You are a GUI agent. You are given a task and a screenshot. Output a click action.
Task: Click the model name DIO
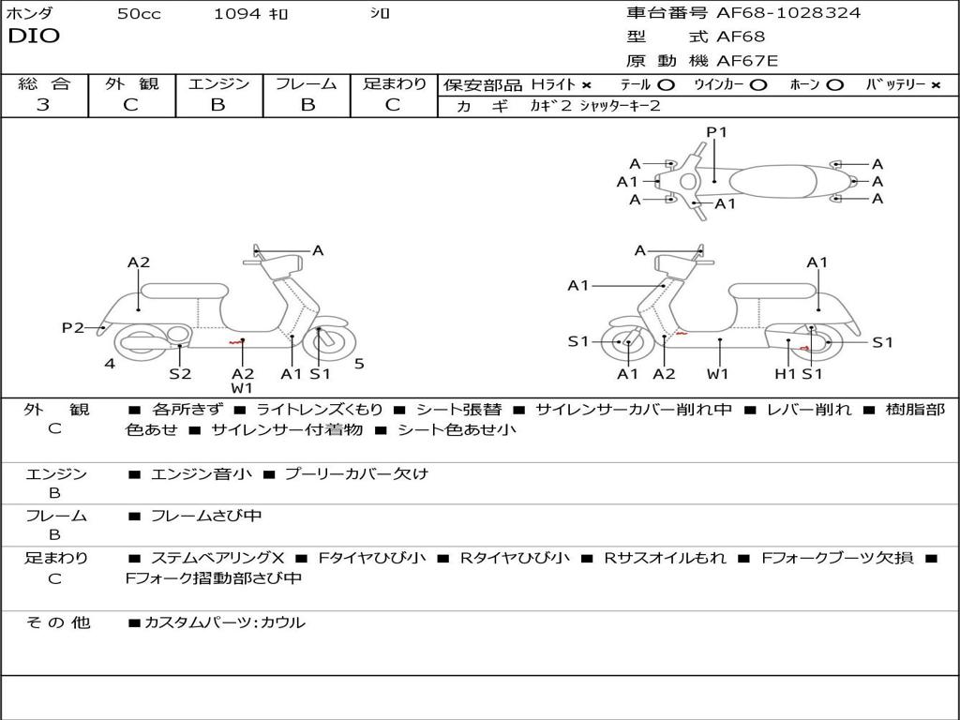pos(34,37)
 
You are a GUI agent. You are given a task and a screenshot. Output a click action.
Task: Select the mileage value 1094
pos(237,14)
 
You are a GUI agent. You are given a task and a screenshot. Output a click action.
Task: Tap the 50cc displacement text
pos(139,14)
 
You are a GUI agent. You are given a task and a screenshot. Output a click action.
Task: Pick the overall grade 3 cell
pos(43,105)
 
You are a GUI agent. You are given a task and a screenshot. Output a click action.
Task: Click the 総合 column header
pos(44,84)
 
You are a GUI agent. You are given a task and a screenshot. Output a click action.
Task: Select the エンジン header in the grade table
pos(218,84)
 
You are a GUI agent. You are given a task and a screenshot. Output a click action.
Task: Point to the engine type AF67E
pos(747,62)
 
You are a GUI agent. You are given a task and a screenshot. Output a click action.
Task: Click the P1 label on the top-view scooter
pos(716,132)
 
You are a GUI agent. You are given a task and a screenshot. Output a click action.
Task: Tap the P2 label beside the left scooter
pos(73,327)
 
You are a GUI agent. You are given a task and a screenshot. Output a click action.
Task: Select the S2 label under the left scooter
pos(180,374)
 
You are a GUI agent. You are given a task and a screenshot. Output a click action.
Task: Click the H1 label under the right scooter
pos(785,374)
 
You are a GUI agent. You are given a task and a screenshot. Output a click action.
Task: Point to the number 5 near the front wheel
pos(359,364)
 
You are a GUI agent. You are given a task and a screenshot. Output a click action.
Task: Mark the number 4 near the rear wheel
pos(110,364)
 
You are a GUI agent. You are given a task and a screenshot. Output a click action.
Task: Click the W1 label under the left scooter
pos(242,388)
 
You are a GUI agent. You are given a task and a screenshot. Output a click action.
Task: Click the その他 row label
pos(57,622)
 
